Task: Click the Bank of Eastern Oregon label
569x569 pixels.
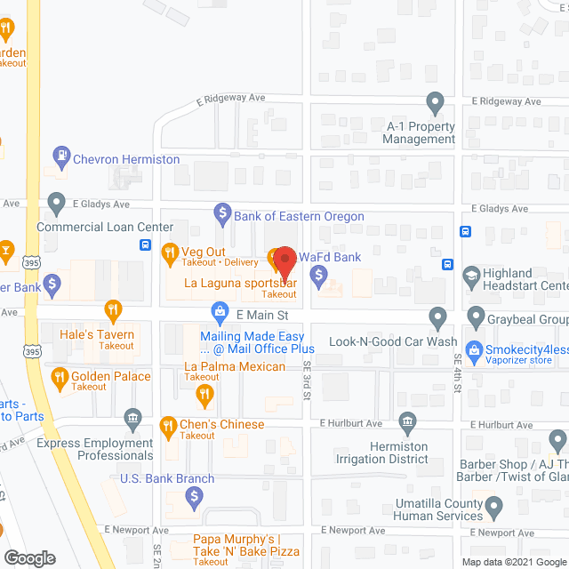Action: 299,216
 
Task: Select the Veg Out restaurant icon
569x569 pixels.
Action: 169,255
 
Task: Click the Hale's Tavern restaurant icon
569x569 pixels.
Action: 112,312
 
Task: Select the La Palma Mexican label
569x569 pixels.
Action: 235,366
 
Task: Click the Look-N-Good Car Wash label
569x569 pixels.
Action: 393,341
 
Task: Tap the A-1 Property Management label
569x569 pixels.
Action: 420,132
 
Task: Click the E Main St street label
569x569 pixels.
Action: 262,316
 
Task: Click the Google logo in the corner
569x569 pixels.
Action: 28,557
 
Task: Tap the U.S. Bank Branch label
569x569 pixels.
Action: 167,478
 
